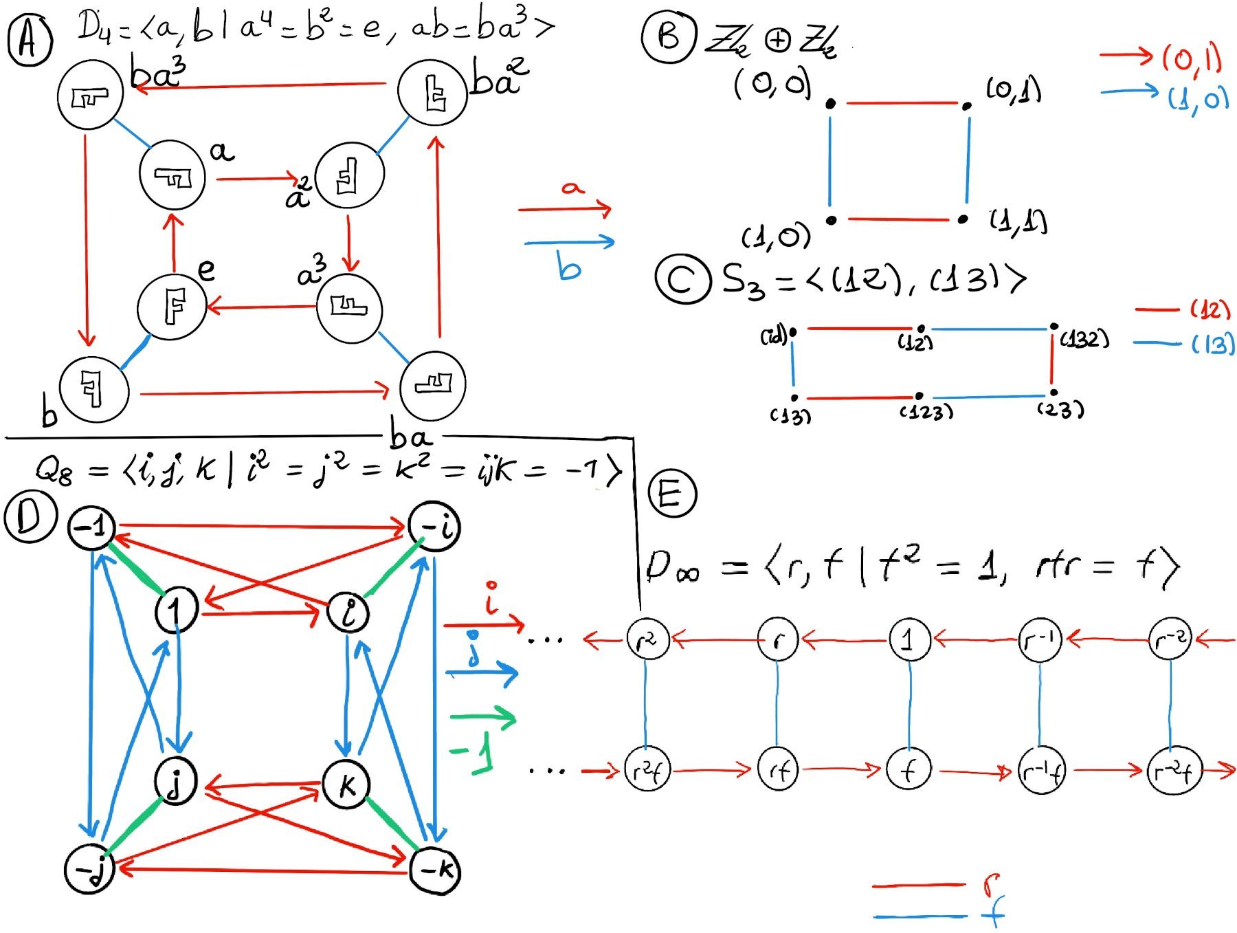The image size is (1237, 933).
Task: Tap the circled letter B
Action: point(667,36)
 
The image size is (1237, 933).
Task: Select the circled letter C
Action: point(682,278)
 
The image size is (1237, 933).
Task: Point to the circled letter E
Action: point(671,493)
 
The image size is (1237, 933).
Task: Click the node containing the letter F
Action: point(172,307)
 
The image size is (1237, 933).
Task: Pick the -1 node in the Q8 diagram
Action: point(91,527)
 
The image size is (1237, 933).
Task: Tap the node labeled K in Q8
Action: point(347,784)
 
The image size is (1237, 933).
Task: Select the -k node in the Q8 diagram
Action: point(435,870)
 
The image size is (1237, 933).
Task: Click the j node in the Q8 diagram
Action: point(176,782)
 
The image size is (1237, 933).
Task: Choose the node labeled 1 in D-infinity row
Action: point(909,639)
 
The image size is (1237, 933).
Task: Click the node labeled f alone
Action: point(909,770)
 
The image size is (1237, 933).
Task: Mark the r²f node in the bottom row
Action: point(646,771)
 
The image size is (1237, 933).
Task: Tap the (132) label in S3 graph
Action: point(1084,338)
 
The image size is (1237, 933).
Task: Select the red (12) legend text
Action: point(1210,309)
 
